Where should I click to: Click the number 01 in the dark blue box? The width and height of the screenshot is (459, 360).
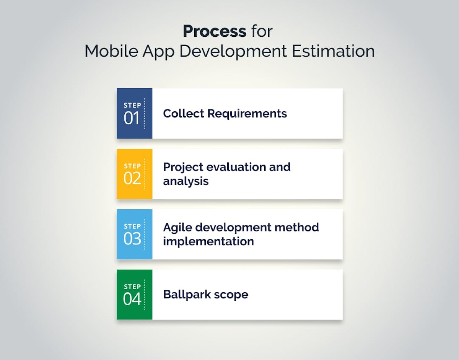(x=132, y=119)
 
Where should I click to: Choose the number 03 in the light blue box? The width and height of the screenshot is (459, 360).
(x=132, y=239)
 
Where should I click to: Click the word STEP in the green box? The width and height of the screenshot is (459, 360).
(x=132, y=287)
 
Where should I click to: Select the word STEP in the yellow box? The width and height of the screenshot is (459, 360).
(x=132, y=166)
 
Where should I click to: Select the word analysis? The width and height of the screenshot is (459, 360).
(x=186, y=181)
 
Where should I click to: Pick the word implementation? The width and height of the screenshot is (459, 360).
(x=208, y=241)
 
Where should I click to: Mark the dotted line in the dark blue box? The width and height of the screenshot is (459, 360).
(x=145, y=114)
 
